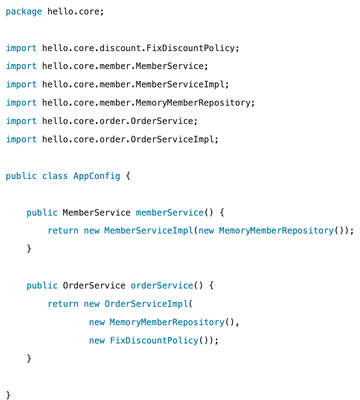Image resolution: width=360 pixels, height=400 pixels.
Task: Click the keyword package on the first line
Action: (x=24, y=12)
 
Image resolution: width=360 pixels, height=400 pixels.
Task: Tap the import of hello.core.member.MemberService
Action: (x=125, y=66)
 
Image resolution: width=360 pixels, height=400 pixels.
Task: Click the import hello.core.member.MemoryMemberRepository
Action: (x=148, y=103)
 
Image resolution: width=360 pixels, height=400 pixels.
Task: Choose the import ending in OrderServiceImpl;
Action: (x=130, y=140)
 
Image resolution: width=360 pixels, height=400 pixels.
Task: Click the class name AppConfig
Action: (x=97, y=176)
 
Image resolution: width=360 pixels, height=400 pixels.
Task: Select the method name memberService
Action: (x=169, y=212)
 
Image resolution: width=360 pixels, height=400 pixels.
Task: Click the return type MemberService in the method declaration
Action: (x=96, y=212)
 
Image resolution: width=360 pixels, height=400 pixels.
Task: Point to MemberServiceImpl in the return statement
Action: (x=148, y=231)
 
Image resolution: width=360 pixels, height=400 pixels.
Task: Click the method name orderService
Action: (x=162, y=286)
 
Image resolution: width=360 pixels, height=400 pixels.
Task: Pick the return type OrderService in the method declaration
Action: (x=94, y=286)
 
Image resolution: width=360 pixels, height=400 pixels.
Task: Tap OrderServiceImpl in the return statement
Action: (x=146, y=304)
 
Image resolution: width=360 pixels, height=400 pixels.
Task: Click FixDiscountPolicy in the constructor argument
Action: (x=154, y=340)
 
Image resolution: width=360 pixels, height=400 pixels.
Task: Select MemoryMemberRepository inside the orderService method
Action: (x=167, y=322)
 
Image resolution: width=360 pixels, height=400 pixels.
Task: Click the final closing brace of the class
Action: (x=9, y=395)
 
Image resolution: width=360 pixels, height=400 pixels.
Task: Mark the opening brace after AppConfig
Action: (x=128, y=176)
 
